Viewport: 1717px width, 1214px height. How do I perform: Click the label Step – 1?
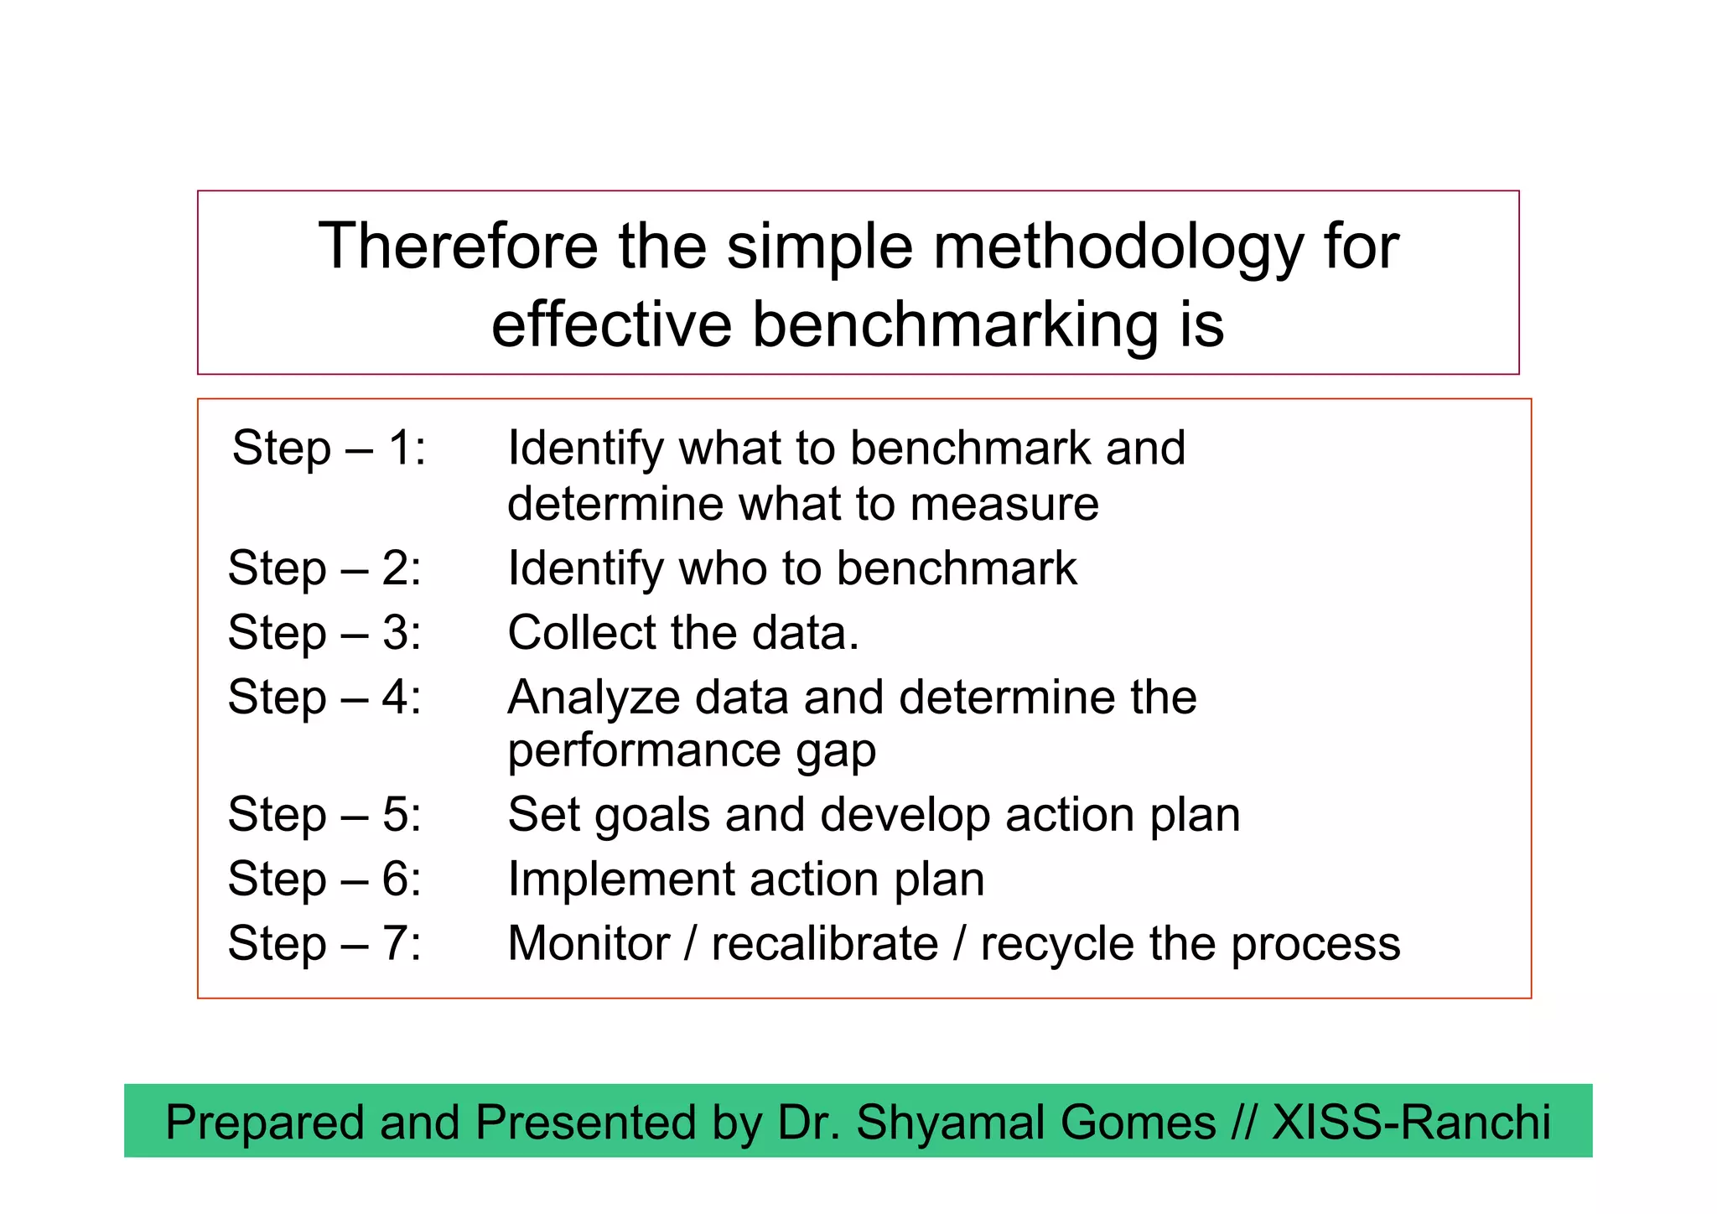point(329,448)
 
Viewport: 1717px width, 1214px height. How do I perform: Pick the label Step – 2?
point(324,568)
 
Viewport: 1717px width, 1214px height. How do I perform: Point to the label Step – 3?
point(324,632)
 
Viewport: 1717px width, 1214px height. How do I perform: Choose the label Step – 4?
point(324,697)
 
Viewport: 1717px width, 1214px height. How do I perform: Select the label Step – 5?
point(324,814)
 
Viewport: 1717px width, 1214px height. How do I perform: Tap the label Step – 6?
point(324,879)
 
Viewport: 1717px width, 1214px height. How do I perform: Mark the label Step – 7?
point(324,943)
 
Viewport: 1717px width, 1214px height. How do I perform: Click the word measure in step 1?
point(1004,505)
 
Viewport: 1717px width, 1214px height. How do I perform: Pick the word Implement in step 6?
point(620,880)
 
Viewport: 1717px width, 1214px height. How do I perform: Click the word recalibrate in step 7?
point(825,944)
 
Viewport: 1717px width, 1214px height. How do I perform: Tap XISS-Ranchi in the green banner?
point(1411,1123)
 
